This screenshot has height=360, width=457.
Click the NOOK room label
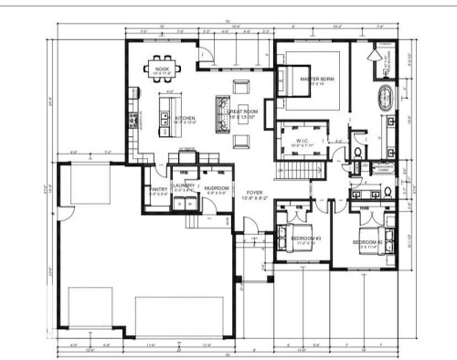(162, 69)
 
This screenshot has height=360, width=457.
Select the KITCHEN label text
(186, 119)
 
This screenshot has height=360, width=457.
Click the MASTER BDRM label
(317, 80)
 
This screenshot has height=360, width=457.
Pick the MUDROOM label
(218, 187)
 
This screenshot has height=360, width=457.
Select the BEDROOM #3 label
(303, 239)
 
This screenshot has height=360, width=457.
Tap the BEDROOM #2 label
(366, 241)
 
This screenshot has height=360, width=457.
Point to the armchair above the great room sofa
(239, 87)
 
